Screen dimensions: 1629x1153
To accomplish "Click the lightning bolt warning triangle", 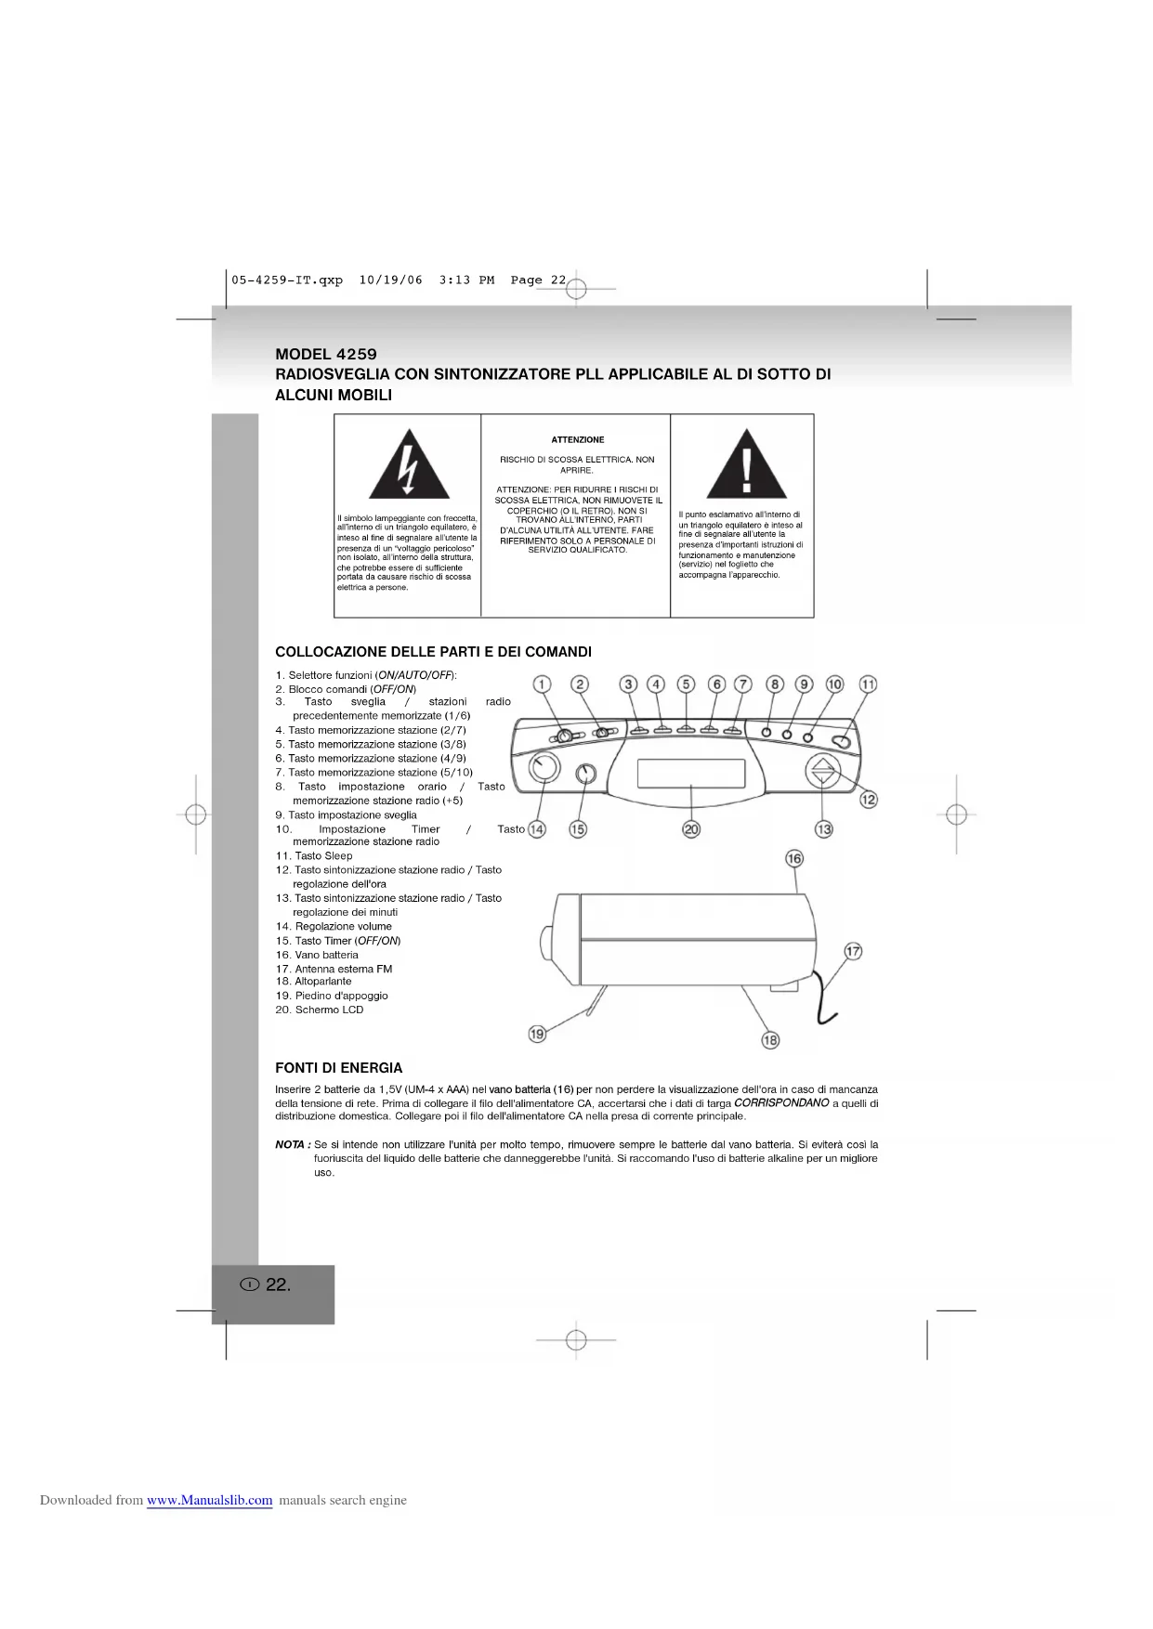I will pyautogui.click(x=409, y=466).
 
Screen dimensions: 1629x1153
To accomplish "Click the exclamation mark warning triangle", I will pyautogui.click(x=746, y=466).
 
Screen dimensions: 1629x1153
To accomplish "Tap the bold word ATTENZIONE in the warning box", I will pyautogui.click(x=577, y=440).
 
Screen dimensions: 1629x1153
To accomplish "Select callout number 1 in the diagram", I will pyautogui.click(x=543, y=684).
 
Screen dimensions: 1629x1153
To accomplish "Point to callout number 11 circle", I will pyautogui.click(x=868, y=684).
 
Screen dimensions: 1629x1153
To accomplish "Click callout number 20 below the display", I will pyautogui.click(x=691, y=829).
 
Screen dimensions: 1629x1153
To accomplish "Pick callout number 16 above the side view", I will pyautogui.click(x=794, y=858).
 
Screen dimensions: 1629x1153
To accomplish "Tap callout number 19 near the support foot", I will pyautogui.click(x=537, y=1034).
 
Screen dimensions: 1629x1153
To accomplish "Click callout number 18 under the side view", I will pyautogui.click(x=770, y=1040).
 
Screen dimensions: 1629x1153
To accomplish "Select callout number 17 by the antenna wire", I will pyautogui.click(x=852, y=951).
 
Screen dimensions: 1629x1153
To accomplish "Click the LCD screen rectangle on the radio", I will pyautogui.click(x=690, y=773).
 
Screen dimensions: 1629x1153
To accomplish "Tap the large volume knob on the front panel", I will pyautogui.click(x=544, y=769).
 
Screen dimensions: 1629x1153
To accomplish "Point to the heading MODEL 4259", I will pyautogui.click(x=326, y=354).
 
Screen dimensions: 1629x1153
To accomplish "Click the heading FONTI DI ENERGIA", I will pyautogui.click(x=338, y=1068).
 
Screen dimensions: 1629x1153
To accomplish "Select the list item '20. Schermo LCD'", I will pyautogui.click(x=320, y=1010).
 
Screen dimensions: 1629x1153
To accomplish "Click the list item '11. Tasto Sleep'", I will pyautogui.click(x=314, y=856).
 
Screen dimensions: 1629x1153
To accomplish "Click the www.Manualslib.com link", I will pyautogui.click(x=210, y=1500).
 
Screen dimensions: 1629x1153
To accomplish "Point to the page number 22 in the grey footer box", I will pyautogui.click(x=277, y=1285).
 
